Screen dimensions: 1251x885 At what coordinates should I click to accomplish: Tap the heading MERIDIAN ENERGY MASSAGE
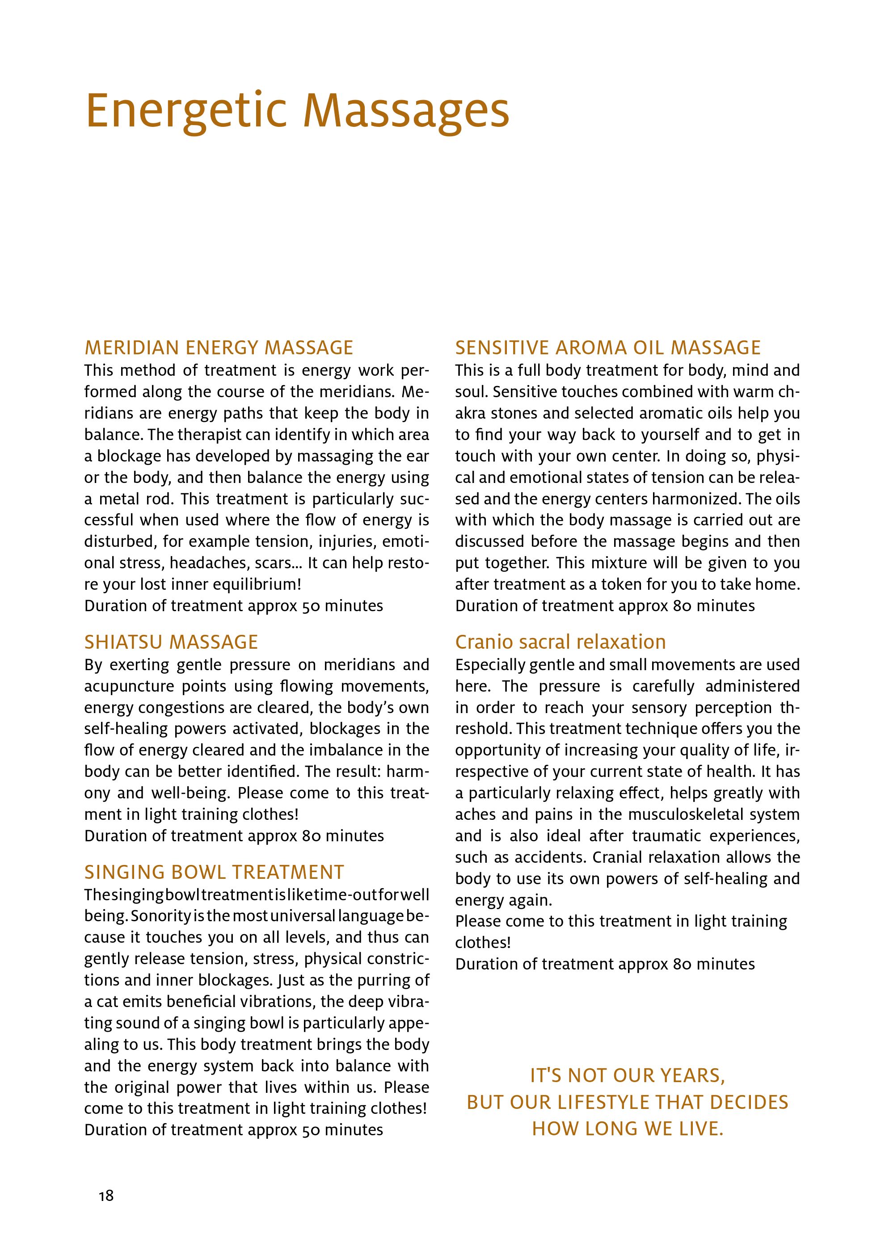[x=219, y=348]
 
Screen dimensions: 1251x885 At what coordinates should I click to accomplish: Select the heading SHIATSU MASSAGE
[x=171, y=642]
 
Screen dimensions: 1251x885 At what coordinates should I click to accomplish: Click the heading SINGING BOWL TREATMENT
[x=214, y=872]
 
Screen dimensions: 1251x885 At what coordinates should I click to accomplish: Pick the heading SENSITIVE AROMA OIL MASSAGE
[x=607, y=348]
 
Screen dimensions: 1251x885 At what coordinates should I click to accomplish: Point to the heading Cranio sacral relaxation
[x=560, y=642]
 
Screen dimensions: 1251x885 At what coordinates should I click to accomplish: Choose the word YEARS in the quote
[x=692, y=1075]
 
